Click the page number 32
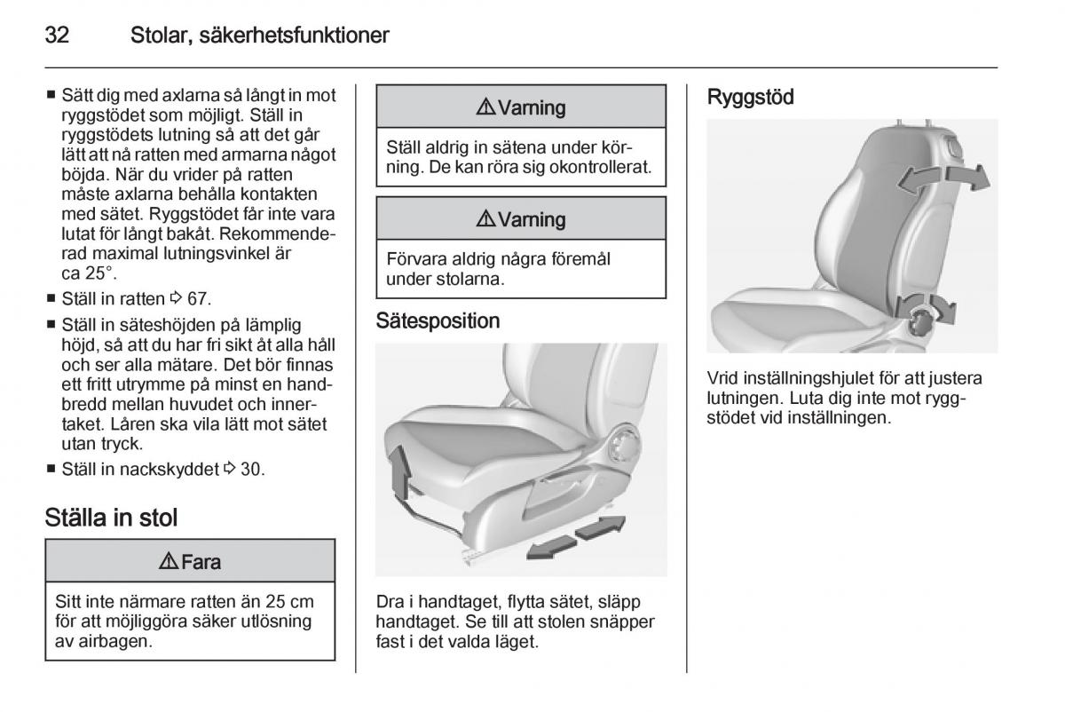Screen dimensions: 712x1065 (x=58, y=36)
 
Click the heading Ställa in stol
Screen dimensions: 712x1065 (x=112, y=518)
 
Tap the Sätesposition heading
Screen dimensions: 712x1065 (x=438, y=320)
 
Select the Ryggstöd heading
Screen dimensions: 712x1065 (x=750, y=98)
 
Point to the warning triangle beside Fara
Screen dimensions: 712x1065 (x=168, y=561)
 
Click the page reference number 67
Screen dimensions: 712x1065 (x=199, y=298)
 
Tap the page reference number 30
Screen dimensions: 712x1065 (x=252, y=470)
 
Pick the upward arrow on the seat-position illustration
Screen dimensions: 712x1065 (x=402, y=471)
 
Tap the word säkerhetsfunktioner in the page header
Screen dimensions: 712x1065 (x=260, y=36)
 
